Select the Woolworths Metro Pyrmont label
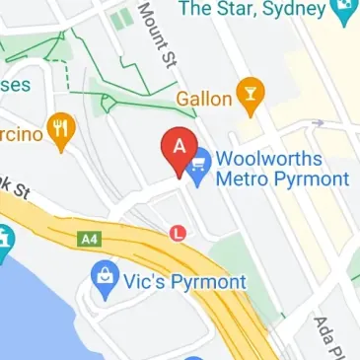pyautogui.click(x=282, y=169)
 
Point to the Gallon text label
pyautogui.click(x=204, y=99)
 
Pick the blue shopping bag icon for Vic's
pyautogui.click(x=103, y=281)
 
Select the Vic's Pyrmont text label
pyautogui.click(x=184, y=282)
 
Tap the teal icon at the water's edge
pyautogui.click(x=4, y=241)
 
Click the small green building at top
pyautogui.click(x=122, y=19)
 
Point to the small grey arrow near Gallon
pyautogui.click(x=318, y=124)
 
